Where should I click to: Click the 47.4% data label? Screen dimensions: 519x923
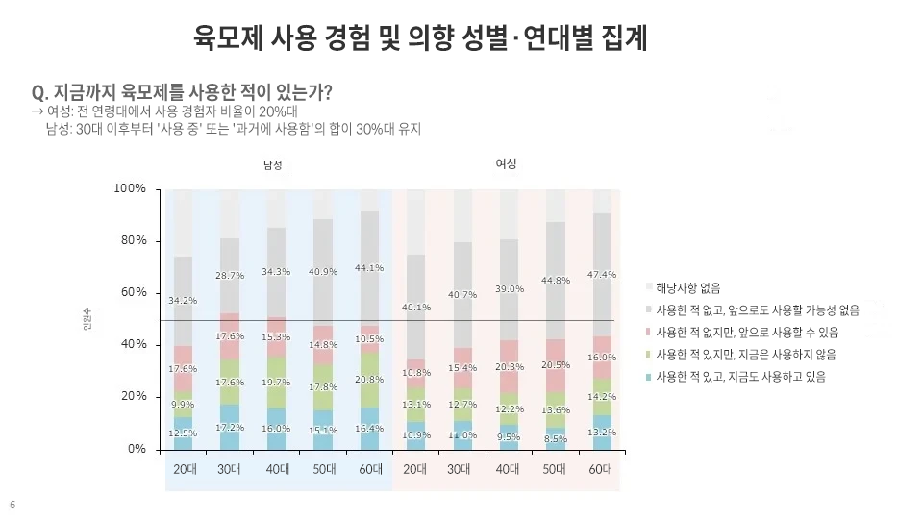(602, 275)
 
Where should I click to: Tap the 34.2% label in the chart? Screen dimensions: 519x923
(183, 301)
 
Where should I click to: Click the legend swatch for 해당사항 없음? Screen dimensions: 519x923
(649, 287)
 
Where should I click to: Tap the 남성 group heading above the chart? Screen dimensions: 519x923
(273, 165)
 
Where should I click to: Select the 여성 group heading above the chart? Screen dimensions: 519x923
(506, 163)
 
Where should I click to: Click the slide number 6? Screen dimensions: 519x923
(12, 506)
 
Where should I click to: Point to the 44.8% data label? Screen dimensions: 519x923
(556, 281)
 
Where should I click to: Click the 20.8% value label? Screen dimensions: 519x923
(370, 380)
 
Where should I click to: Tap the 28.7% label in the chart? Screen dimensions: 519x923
(230, 276)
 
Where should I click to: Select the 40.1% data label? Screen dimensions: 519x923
(416, 308)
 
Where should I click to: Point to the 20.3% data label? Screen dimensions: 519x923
(510, 366)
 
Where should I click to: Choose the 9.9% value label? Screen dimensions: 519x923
(183, 404)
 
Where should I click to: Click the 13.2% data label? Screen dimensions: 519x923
(602, 432)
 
